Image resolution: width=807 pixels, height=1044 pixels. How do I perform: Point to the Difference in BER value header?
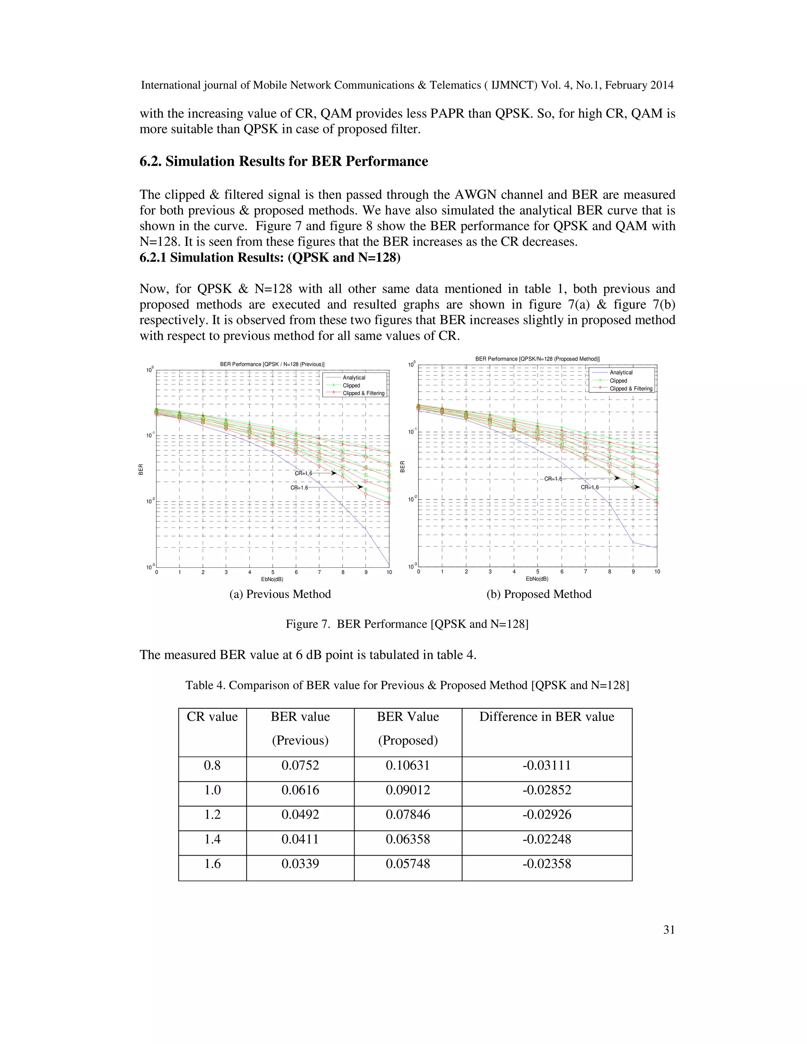(x=547, y=717)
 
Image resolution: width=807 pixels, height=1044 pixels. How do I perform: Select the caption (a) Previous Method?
(x=280, y=594)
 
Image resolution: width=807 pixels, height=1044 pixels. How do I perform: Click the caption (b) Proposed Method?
(x=539, y=594)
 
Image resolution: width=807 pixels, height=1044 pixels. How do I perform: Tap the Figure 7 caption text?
(x=407, y=624)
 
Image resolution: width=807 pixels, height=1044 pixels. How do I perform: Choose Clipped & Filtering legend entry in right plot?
(x=630, y=388)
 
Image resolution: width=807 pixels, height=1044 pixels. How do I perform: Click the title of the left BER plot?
(x=272, y=364)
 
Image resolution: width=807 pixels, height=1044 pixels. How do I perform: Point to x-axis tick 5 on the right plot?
(x=537, y=572)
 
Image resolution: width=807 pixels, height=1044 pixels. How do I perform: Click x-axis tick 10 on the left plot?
(x=389, y=572)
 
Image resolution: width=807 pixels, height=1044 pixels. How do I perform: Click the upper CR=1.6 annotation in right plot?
(x=553, y=479)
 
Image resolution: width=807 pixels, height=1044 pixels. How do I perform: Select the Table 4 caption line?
(x=407, y=685)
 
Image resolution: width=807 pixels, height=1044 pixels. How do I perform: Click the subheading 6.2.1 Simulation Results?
(x=270, y=258)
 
